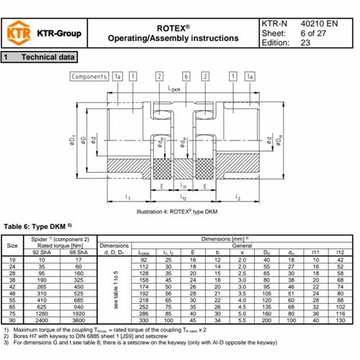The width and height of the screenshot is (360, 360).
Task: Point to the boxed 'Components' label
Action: click(89, 76)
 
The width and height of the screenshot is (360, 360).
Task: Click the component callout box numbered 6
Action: click(185, 76)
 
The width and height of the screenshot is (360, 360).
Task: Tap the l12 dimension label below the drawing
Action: click(184, 196)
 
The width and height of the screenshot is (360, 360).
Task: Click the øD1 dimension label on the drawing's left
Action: click(73, 138)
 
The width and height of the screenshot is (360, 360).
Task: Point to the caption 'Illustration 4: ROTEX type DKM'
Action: click(176, 212)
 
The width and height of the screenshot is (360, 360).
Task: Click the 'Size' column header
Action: click(13, 245)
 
